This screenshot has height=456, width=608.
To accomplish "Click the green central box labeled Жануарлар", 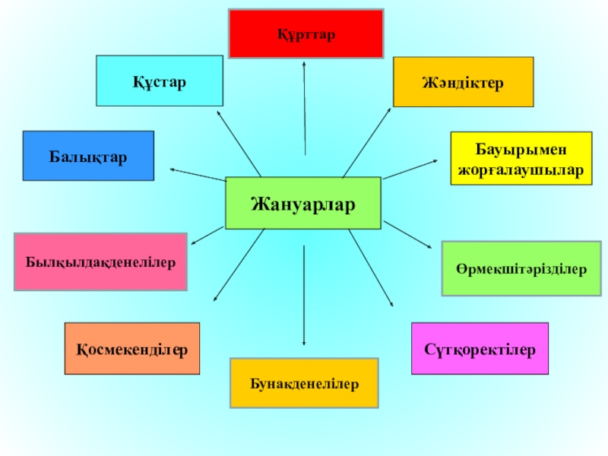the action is (303, 203).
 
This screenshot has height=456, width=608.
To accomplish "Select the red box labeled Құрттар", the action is (306, 34).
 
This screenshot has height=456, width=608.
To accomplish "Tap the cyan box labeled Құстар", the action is (160, 81).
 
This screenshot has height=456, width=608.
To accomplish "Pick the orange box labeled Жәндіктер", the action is (463, 81).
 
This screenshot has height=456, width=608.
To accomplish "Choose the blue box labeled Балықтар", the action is (88, 156).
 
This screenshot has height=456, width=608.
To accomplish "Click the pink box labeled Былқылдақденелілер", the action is (100, 262).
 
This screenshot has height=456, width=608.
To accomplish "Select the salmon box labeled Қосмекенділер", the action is (132, 348).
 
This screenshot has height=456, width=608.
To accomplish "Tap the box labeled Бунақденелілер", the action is (304, 383).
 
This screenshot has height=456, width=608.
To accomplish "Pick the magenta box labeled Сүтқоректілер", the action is (480, 348).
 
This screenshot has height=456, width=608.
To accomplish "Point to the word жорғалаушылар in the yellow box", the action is (521, 172).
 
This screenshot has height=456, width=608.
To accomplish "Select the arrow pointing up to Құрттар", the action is (304, 106).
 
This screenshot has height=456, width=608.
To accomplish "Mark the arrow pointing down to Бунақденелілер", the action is (304, 296).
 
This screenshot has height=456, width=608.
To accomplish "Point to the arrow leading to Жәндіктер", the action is (366, 142).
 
